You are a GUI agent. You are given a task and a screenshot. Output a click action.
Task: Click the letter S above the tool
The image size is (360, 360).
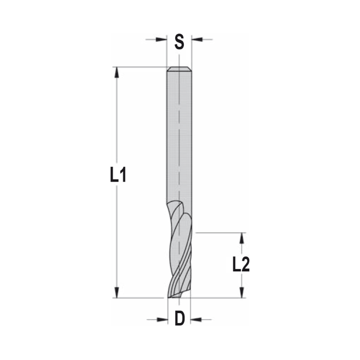point(179,42)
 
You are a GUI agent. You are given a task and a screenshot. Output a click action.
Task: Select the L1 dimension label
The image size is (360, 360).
point(118,176)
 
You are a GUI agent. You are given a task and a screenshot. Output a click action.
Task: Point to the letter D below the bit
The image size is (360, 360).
point(180,319)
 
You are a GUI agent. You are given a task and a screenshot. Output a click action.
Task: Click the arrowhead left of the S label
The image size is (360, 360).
point(162,39)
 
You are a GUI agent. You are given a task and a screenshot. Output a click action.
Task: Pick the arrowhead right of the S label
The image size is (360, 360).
point(197,39)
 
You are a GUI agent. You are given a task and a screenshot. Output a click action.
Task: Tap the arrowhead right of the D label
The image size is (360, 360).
point(196,319)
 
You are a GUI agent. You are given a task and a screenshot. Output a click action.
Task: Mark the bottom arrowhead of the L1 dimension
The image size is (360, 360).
point(116,292)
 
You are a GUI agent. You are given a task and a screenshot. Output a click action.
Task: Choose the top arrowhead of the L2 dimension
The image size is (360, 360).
point(242,238)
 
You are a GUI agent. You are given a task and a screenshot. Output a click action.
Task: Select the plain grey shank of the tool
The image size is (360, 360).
point(179,137)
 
